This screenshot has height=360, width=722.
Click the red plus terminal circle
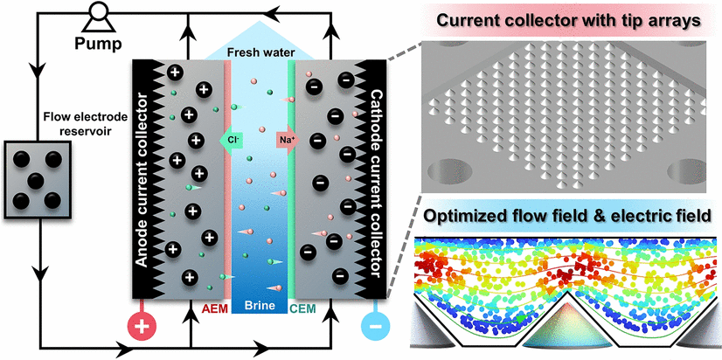(144, 327)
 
